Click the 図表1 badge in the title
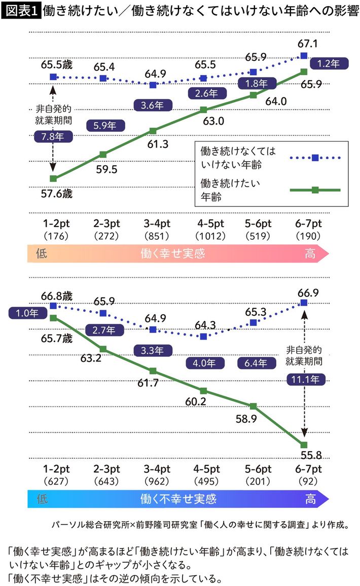[x=22, y=10]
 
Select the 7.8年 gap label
[x=53, y=136]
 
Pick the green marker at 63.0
[x=203, y=109]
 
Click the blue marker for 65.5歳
[x=53, y=77]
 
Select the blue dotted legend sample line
[x=314, y=158]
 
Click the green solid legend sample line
[x=314, y=190]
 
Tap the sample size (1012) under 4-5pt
[x=203, y=236]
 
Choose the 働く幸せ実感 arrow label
[x=172, y=254]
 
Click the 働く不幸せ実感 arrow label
[x=178, y=499]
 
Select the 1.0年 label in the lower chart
[x=24, y=313]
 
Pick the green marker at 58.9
[x=253, y=406]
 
